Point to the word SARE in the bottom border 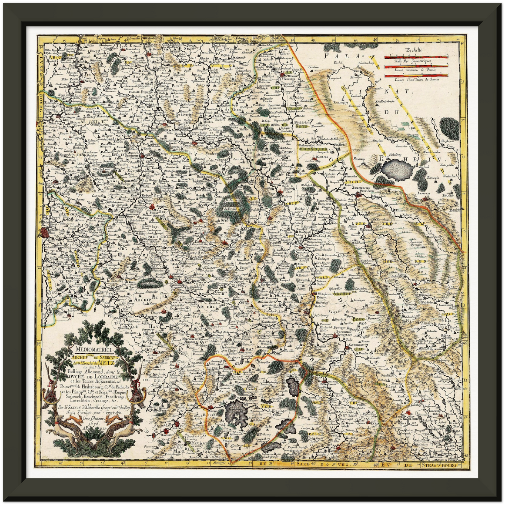point(300,465)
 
